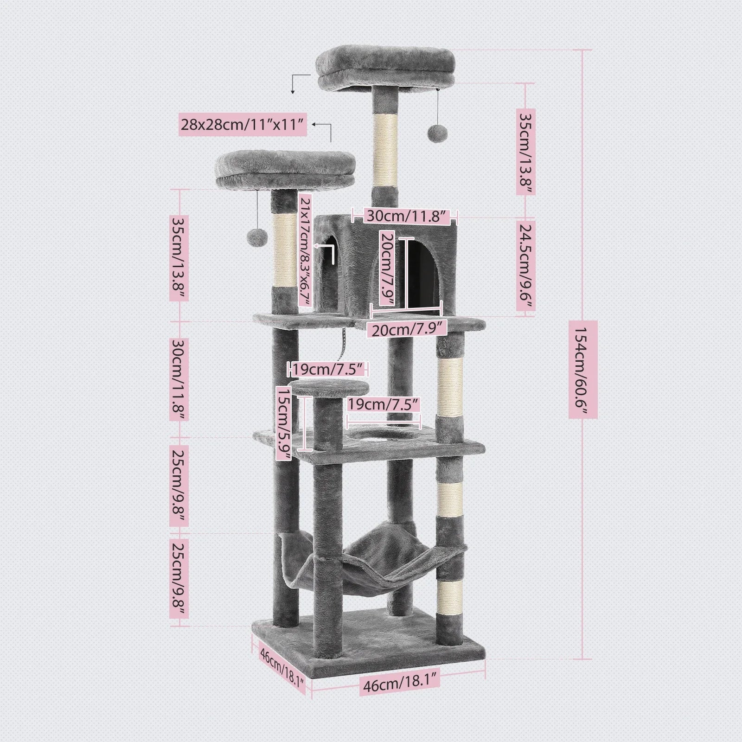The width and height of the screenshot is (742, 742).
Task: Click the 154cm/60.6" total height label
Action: click(x=583, y=369)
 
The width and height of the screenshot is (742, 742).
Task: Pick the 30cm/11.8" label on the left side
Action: click(x=178, y=380)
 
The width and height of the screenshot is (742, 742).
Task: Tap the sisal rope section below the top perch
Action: click(x=385, y=148)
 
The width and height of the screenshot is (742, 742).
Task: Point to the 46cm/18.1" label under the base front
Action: click(x=399, y=685)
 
